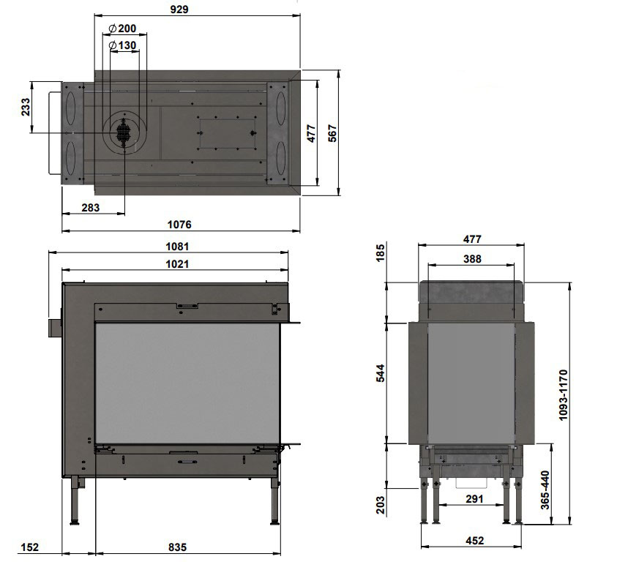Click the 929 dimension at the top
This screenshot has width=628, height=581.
[x=179, y=9]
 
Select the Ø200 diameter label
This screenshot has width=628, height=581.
[x=122, y=29]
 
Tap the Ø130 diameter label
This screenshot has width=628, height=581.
[x=122, y=45]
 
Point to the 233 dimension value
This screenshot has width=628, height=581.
[x=25, y=107]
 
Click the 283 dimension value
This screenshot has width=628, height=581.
[x=91, y=207]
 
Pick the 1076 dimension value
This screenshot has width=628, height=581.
[x=179, y=224]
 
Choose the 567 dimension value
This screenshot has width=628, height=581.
[x=332, y=133]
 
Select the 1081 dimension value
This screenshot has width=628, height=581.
[x=177, y=246]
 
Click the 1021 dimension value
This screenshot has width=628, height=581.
[x=177, y=263]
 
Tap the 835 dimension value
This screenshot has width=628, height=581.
[x=177, y=547]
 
